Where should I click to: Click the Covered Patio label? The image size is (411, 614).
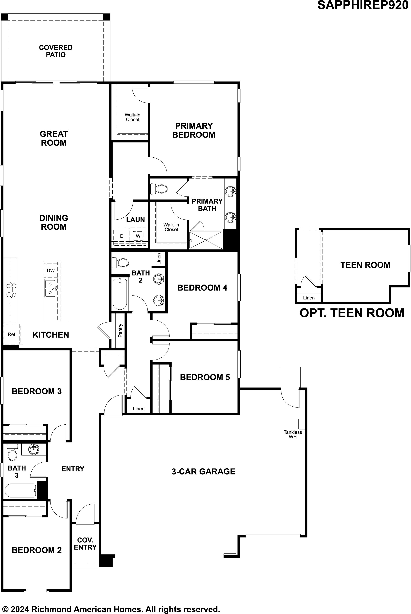tap(56, 51)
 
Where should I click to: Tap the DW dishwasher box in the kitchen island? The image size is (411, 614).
tap(51, 270)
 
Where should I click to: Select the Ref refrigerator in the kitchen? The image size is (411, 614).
tap(12, 334)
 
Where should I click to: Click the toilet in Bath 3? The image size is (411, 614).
tap(12, 452)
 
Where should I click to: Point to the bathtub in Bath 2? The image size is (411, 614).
tap(120, 294)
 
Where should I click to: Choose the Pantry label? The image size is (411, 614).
tap(120, 330)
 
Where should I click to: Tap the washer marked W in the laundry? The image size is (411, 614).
tap(138, 236)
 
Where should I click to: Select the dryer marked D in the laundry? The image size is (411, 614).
tap(122, 236)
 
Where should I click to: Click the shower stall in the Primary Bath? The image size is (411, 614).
tap(206, 240)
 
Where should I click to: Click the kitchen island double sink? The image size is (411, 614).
tap(50, 288)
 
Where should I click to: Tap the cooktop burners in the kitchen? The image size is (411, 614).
tap(10, 290)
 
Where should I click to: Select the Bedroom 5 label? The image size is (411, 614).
tap(205, 377)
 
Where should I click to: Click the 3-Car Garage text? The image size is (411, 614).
tap(203, 471)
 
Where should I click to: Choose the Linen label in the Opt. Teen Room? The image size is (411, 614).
tap(308, 298)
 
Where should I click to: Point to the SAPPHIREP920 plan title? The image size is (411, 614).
tap(363, 5)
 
